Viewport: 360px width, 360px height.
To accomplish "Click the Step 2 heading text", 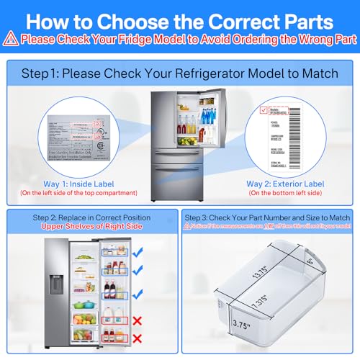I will point(91,217).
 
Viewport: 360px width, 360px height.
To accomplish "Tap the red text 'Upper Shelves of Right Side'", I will point(91,227).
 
